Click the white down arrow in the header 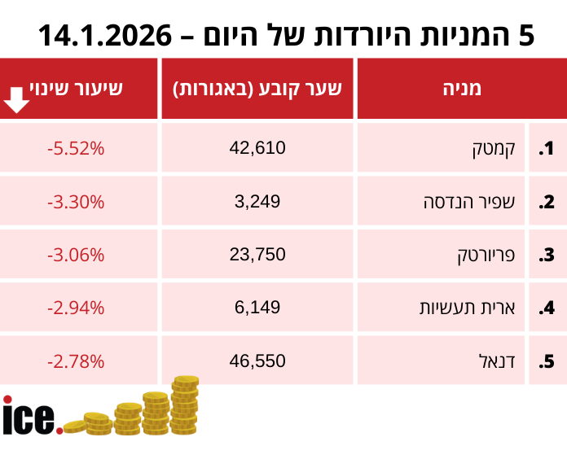tap(17, 100)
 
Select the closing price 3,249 tap(257, 201)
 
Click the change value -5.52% tap(76, 148)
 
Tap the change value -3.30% tap(76, 201)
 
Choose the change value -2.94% tap(76, 307)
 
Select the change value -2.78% tap(76, 360)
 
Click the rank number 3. tap(547, 255)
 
